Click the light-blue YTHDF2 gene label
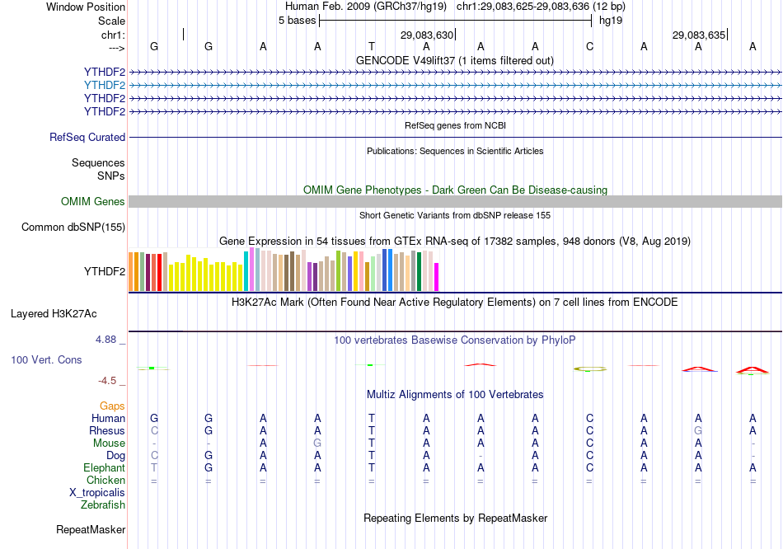pos(105,85)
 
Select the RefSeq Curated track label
pos(87,138)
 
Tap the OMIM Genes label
pos(93,202)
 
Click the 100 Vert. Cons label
pos(46,360)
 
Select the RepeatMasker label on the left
pos(91,529)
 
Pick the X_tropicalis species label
pos(97,492)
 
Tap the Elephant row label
pos(104,467)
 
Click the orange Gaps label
pos(112,406)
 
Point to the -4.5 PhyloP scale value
pos(110,381)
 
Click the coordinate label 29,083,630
pos(427,35)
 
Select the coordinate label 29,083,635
pos(699,35)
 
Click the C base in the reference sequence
pos(589,47)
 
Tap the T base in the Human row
pos(372,419)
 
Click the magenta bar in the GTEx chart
pos(437,276)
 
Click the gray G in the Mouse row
pos(317,443)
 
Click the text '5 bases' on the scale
pos(297,20)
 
